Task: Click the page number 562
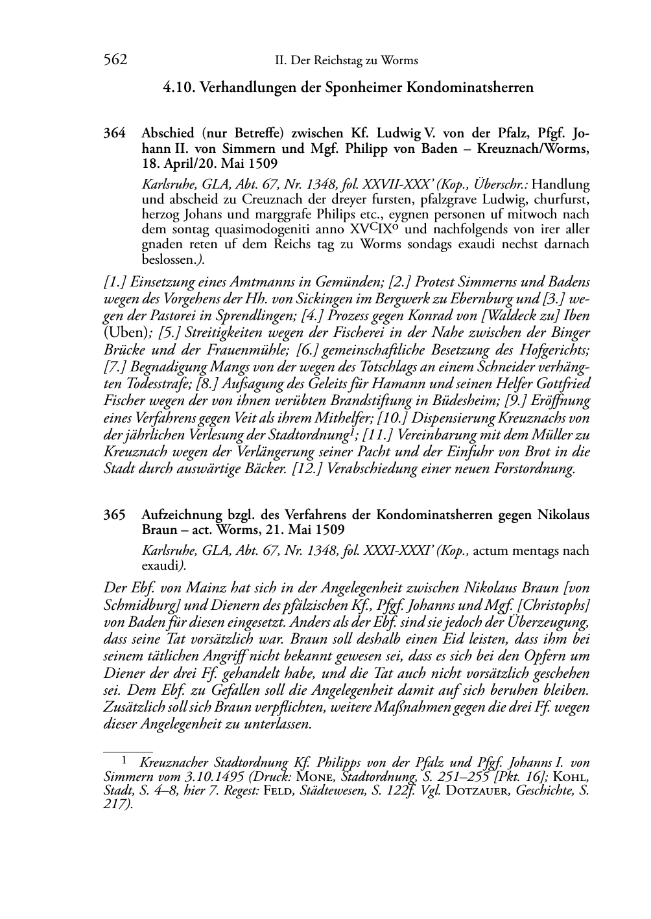click(115, 60)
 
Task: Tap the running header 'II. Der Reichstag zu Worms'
click(346, 61)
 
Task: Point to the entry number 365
click(114, 515)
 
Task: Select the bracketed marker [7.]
click(117, 367)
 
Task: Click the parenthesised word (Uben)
click(126, 333)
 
